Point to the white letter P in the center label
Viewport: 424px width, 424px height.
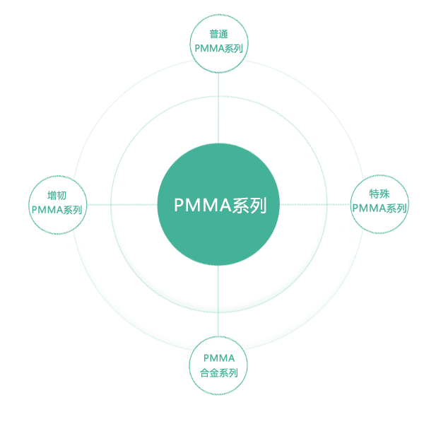(179, 206)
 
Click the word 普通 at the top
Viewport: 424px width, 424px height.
(218, 35)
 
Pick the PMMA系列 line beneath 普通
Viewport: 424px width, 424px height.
(218, 48)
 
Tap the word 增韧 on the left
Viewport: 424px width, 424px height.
(57, 196)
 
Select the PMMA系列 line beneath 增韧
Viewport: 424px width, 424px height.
(57, 209)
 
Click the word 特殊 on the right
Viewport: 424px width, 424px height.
(379, 194)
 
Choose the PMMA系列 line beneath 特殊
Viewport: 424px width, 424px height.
(380, 208)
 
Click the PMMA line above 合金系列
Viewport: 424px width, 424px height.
(218, 358)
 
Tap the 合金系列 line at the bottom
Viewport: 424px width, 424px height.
(218, 372)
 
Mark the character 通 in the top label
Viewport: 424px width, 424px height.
(223, 35)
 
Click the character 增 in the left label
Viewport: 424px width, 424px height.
(52, 196)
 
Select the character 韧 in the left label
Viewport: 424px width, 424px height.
(62, 196)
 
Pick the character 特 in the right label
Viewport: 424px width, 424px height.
(374, 194)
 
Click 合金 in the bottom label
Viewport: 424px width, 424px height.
(210, 372)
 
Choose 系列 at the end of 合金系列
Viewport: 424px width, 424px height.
(228, 372)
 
